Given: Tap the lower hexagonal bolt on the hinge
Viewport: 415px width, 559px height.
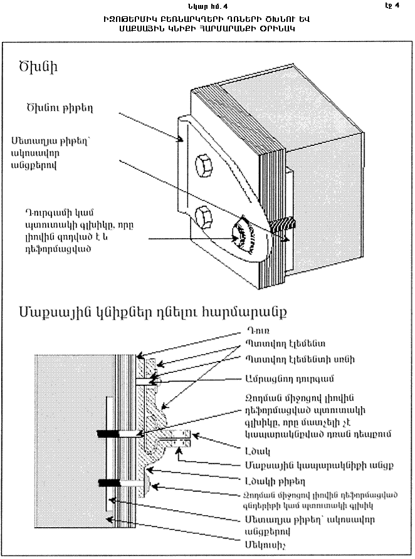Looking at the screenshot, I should tap(204, 217).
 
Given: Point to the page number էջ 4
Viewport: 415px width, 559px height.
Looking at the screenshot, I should tap(392, 6).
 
